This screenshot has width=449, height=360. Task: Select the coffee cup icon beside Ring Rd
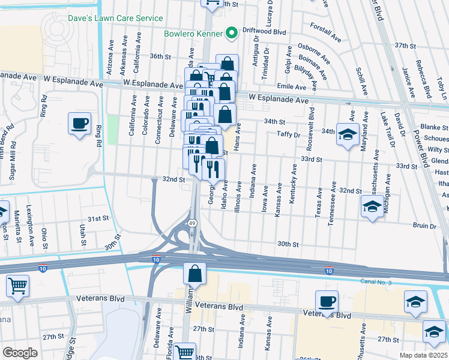80,125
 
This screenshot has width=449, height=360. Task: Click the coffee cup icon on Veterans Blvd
327,302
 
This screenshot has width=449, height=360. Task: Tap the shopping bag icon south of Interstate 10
195,275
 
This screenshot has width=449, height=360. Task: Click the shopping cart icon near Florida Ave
184,352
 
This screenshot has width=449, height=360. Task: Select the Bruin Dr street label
424,226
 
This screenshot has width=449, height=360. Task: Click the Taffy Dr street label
288,134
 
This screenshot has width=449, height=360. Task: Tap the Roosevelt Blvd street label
310,129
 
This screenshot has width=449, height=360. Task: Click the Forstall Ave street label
325,33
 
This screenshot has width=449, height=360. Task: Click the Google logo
20,353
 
